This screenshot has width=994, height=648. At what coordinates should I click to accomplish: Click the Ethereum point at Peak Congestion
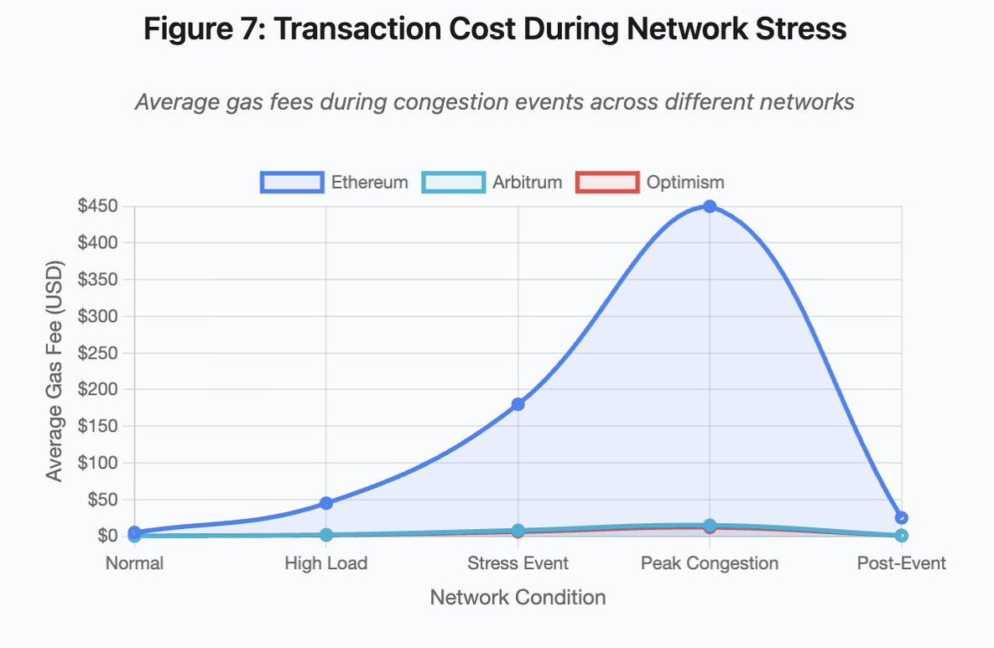(x=710, y=206)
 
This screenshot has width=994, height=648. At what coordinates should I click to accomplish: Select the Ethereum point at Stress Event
(x=518, y=404)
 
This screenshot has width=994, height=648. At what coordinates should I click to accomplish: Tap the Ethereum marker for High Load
(x=326, y=503)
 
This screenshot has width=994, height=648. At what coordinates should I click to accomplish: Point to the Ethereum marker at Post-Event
(x=901, y=518)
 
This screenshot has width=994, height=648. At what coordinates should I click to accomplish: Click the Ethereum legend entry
(x=335, y=182)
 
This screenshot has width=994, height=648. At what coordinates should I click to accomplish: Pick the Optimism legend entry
(x=650, y=182)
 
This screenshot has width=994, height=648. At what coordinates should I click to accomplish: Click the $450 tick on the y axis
(x=98, y=207)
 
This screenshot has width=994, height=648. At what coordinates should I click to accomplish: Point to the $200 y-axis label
(x=98, y=390)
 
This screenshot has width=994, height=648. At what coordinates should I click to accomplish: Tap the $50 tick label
(x=101, y=500)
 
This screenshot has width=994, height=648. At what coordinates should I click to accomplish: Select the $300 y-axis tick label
(x=98, y=317)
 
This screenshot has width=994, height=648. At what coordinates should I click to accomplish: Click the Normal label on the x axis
(x=134, y=563)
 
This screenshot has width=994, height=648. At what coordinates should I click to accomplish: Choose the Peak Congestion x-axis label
(x=710, y=563)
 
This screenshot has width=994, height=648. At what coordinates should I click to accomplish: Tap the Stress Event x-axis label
(x=518, y=563)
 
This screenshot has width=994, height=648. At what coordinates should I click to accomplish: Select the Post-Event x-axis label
(x=901, y=563)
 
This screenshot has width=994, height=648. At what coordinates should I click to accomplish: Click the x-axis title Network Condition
(x=518, y=598)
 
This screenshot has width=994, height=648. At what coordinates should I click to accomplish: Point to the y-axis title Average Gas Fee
(x=55, y=371)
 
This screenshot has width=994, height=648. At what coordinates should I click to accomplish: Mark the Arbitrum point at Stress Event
(x=518, y=531)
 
